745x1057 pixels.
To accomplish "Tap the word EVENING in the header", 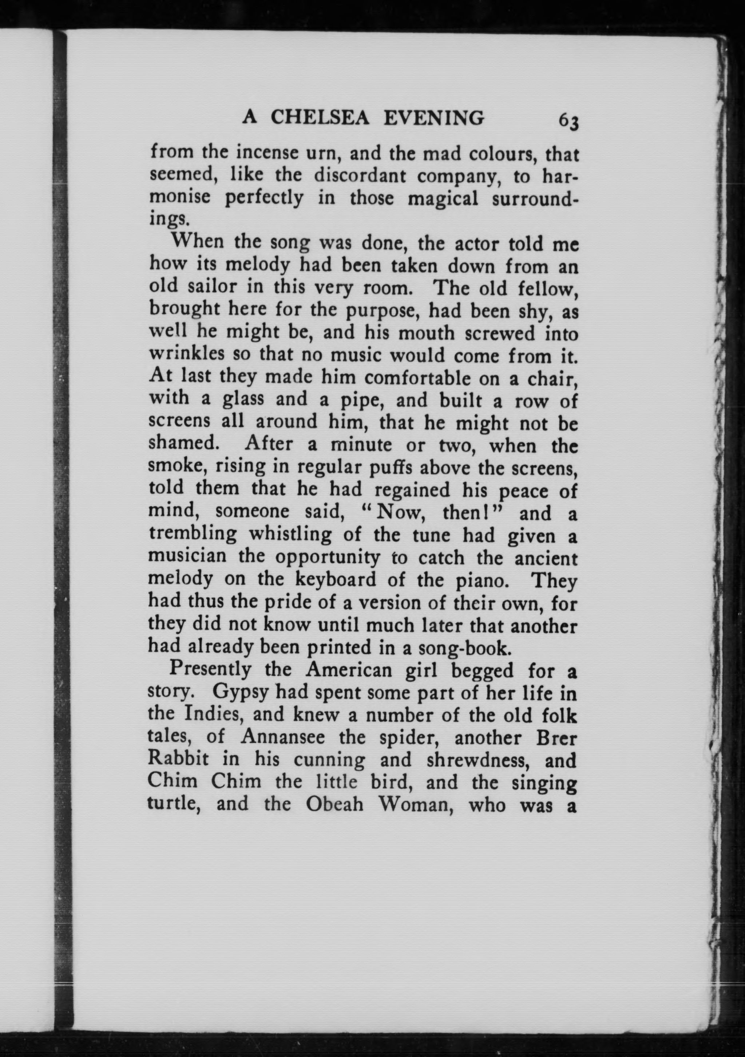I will pos(434,118).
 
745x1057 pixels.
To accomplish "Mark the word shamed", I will pos(182,443).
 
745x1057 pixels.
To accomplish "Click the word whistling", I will pos(290,534).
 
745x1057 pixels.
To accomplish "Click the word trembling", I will pos(193,534).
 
